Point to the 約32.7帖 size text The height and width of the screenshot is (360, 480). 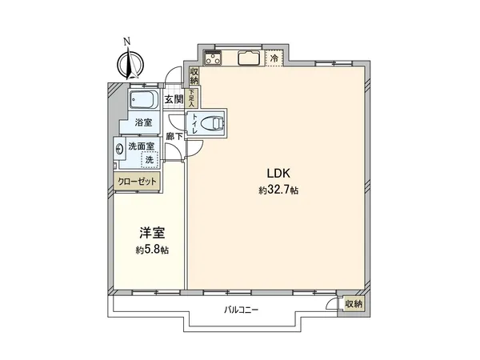[278, 190]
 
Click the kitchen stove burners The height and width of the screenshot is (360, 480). [214, 58]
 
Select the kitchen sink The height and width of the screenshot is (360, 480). [246, 58]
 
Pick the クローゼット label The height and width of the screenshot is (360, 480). [138, 182]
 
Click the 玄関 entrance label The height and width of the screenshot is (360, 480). [173, 100]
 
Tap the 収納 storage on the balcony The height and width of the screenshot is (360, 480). [353, 304]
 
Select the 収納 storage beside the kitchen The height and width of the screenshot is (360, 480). [194, 75]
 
